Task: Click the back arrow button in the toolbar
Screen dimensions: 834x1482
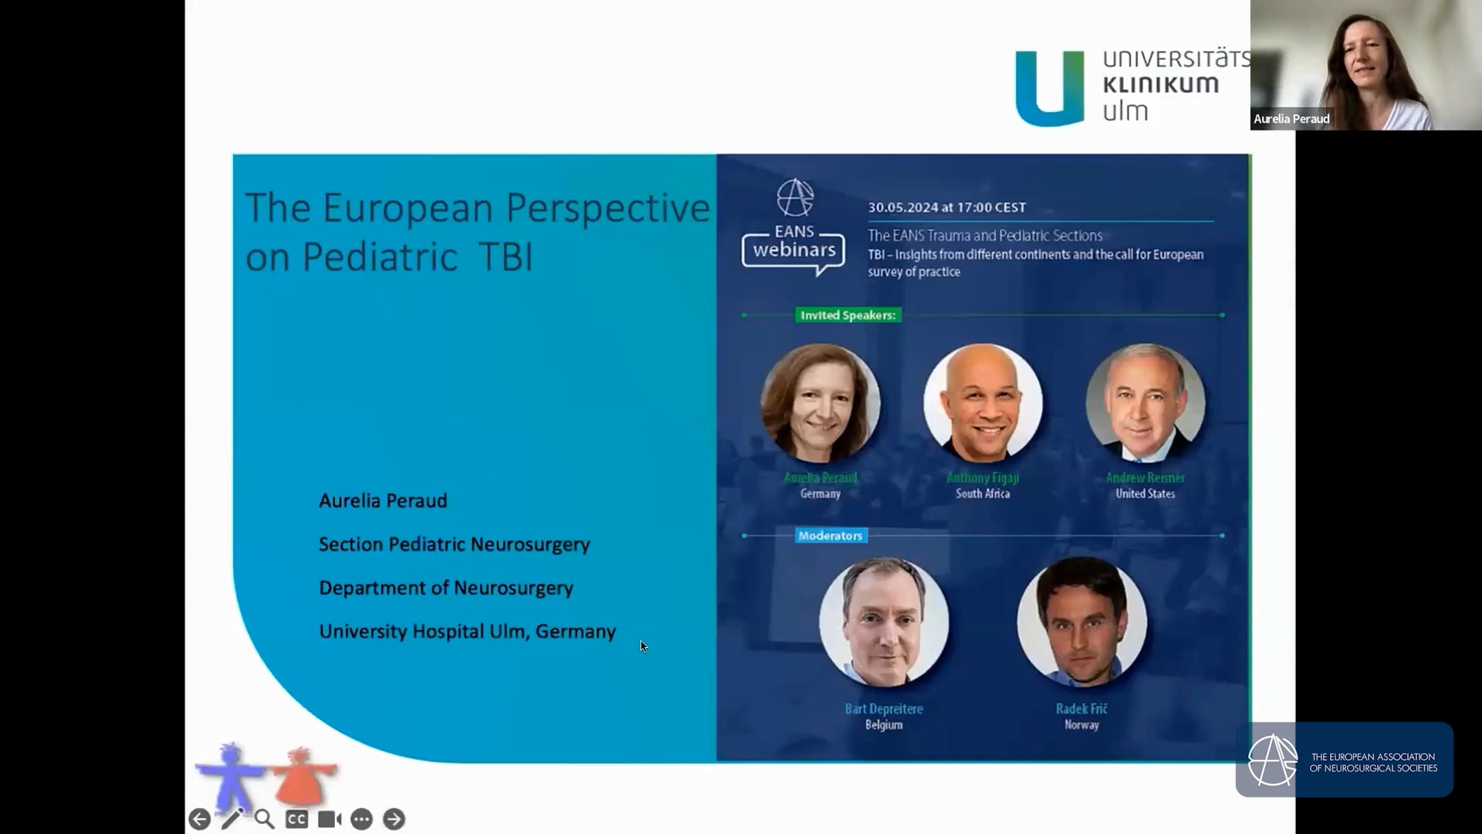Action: tap(200, 819)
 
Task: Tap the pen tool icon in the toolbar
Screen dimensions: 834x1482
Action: tap(232, 819)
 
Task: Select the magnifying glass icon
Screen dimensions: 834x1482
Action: tap(264, 819)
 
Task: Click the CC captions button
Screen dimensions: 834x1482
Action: tap(296, 819)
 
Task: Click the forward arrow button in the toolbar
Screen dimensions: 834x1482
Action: tap(394, 819)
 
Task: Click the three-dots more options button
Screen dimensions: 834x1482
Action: tap(361, 819)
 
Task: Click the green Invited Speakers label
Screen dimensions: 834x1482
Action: tap(848, 315)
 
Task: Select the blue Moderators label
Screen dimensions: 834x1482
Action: tap(831, 536)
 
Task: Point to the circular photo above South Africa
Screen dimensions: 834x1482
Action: tap(983, 403)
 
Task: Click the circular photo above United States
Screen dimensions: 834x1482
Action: tap(1145, 403)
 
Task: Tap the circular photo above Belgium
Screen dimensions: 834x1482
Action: tap(884, 622)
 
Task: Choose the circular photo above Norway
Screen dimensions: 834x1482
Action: tap(1081, 622)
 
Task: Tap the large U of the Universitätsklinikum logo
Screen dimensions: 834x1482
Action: tap(1050, 88)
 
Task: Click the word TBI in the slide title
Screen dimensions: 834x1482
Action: tap(506, 257)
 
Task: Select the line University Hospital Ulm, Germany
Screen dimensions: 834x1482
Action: tap(467, 632)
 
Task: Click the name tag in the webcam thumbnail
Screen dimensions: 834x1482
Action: tap(1291, 119)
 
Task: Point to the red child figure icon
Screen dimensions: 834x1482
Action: tap(301, 776)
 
